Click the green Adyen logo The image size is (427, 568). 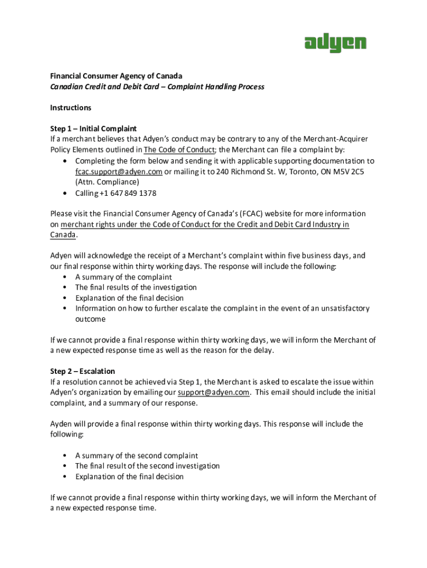[x=335, y=43]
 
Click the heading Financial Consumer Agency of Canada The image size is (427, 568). [x=116, y=75]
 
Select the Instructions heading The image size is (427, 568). [x=71, y=108]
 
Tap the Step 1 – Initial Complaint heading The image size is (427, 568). [x=93, y=129]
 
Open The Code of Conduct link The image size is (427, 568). [x=179, y=150]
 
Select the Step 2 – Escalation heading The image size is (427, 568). [x=83, y=371]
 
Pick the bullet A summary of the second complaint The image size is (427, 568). [x=136, y=455]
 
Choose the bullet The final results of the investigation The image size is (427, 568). [x=136, y=287]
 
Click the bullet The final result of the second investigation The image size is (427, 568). [x=148, y=466]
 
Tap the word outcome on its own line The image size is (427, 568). [x=90, y=319]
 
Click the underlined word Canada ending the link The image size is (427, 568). [x=63, y=235]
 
